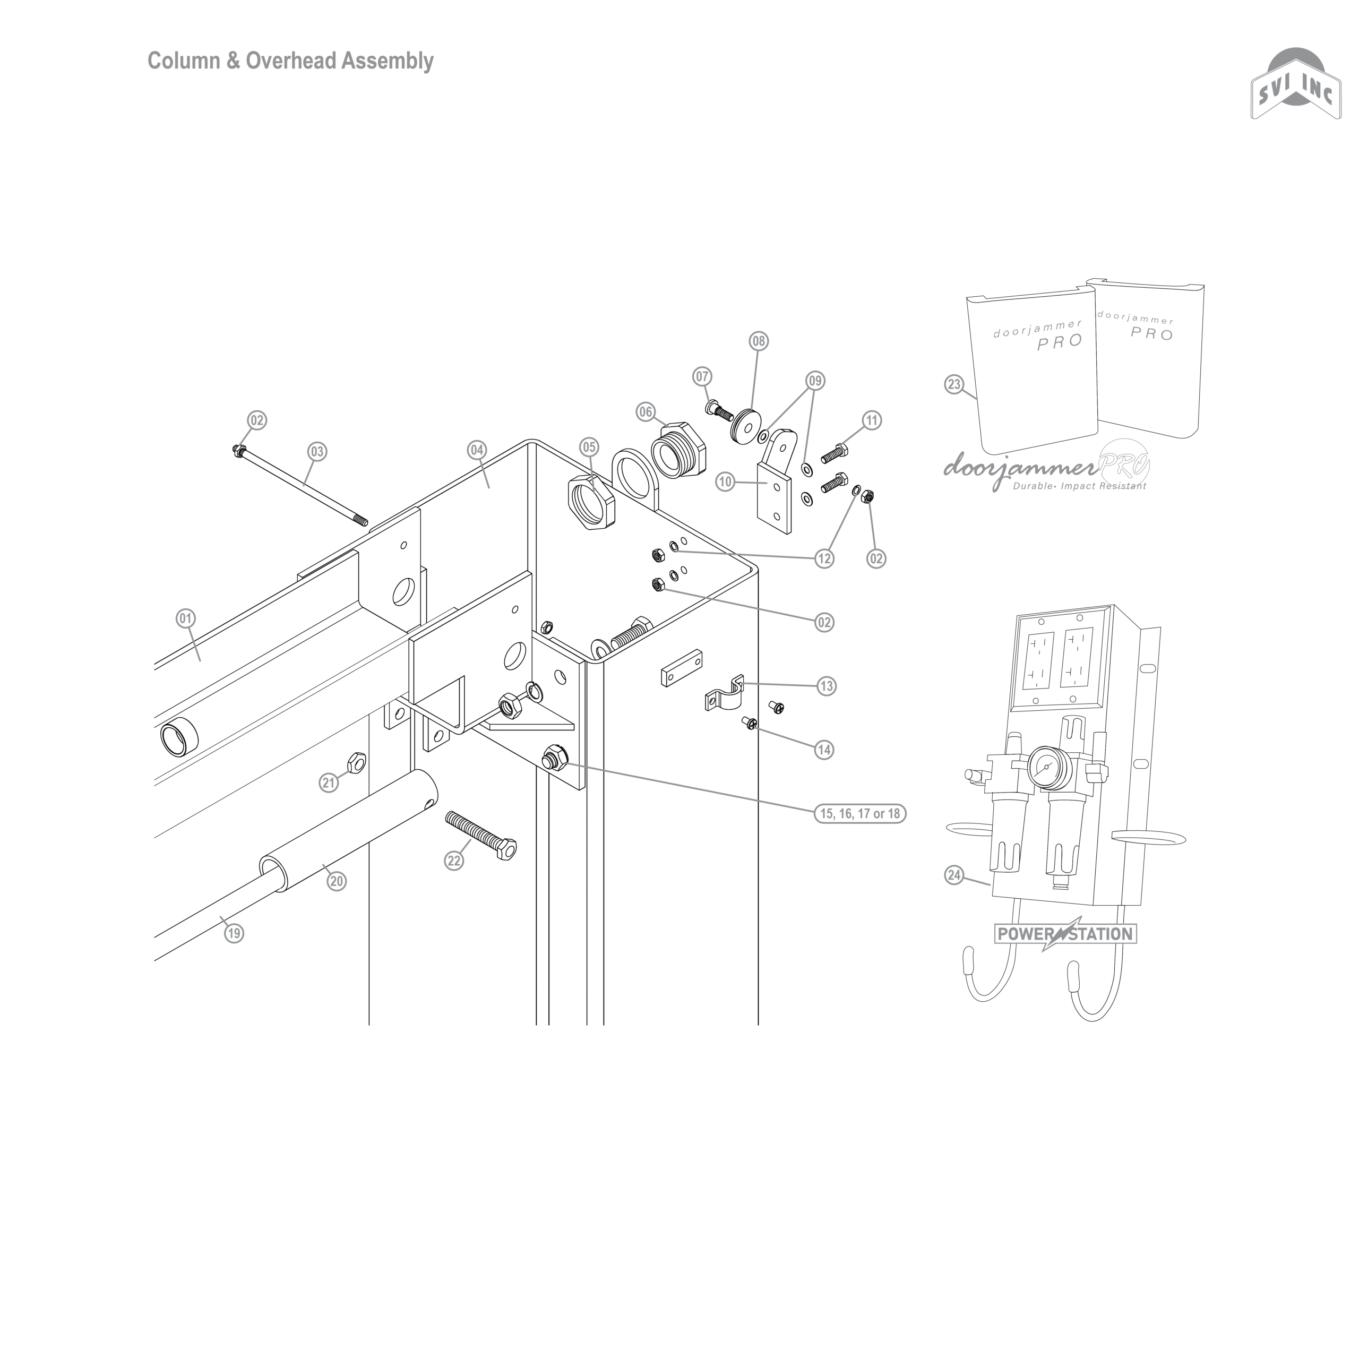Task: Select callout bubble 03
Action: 317,452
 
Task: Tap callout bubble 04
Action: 477,450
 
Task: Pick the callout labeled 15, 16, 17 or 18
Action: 861,814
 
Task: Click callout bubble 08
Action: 758,342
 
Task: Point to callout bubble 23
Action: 954,385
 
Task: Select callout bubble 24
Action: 954,876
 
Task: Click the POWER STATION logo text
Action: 1065,934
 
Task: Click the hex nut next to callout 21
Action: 356,761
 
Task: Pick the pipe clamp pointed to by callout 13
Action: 725,697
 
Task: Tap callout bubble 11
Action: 872,420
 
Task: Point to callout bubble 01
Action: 185,619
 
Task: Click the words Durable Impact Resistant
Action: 1079,486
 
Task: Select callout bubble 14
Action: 824,750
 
